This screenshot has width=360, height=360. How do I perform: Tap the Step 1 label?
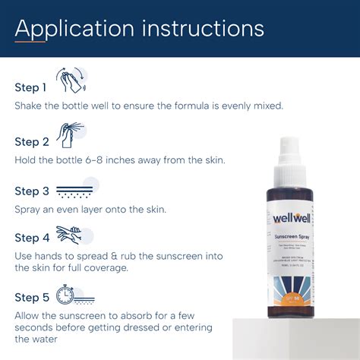point(31,87)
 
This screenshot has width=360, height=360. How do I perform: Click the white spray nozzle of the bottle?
point(291,153)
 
